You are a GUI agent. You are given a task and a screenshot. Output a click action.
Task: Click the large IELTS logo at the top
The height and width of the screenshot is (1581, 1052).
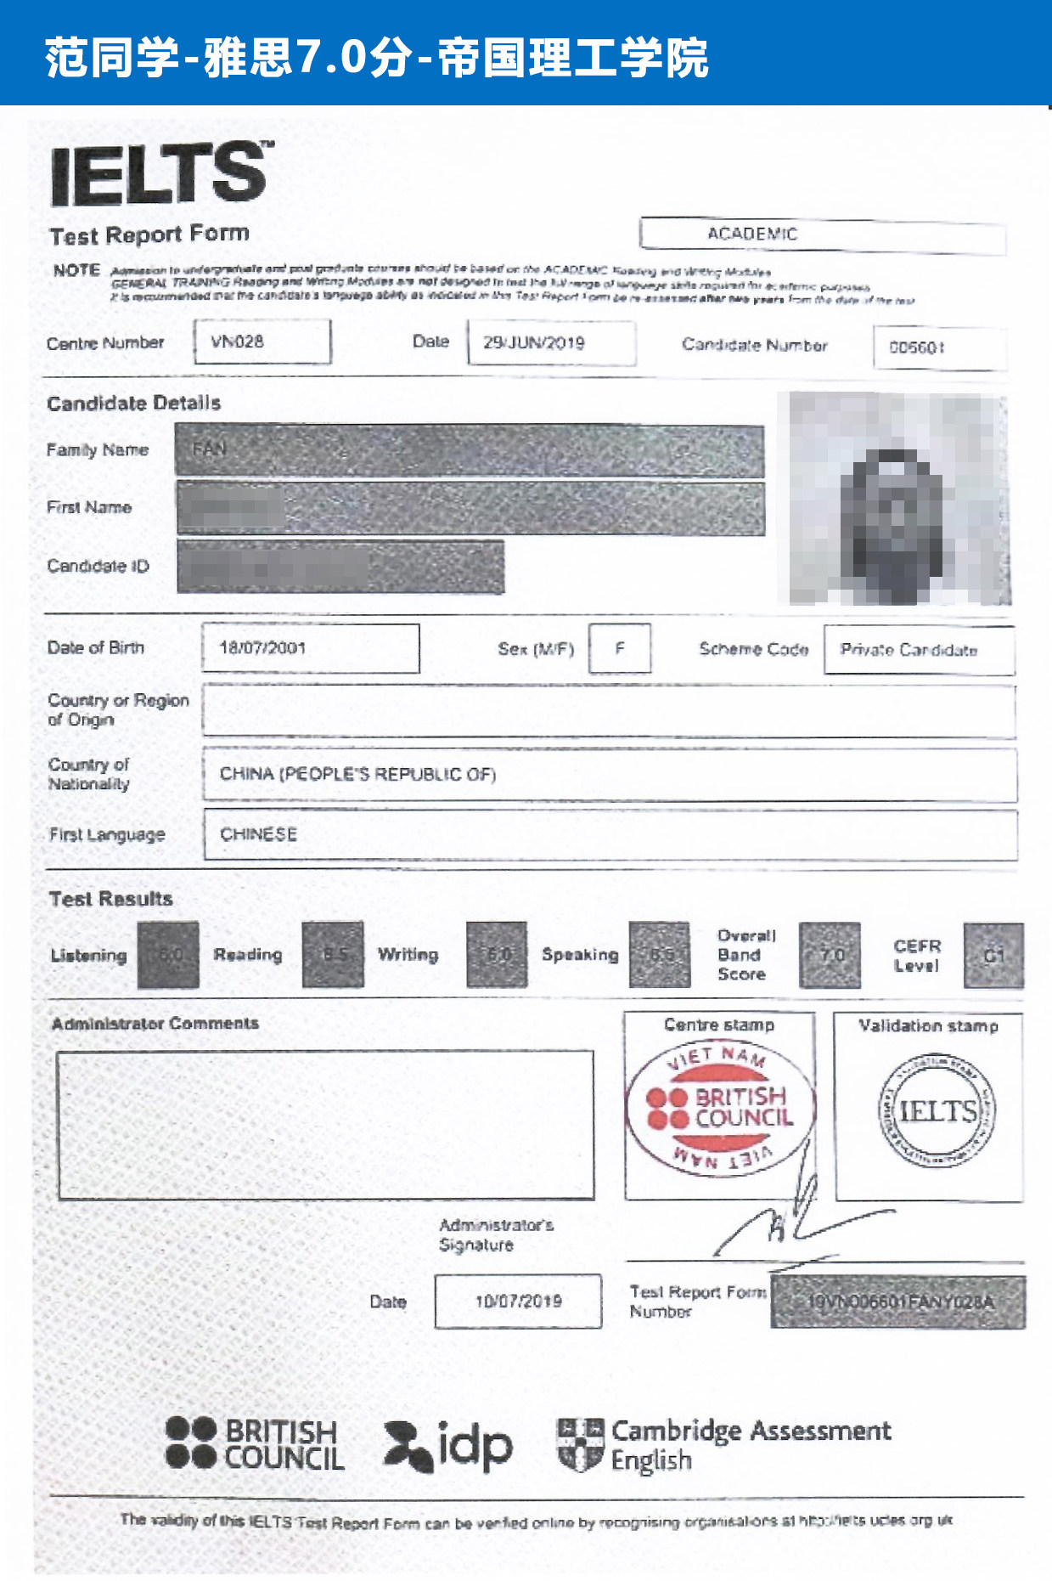pyautogui.click(x=159, y=173)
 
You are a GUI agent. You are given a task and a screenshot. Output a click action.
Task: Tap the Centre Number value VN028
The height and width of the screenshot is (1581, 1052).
pyautogui.click(x=238, y=342)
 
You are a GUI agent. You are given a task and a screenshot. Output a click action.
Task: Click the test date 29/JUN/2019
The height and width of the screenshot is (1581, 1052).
pyautogui.click(x=534, y=343)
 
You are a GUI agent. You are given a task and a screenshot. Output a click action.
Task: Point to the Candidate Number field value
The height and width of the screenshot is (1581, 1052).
pyautogui.click(x=917, y=347)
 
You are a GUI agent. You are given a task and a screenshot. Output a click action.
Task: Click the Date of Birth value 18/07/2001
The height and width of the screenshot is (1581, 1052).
pyautogui.click(x=262, y=647)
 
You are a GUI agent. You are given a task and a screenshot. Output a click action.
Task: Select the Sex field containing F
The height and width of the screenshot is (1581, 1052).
pyautogui.click(x=620, y=648)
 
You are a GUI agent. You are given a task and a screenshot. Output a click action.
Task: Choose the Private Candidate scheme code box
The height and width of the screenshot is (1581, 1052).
pyautogui.click(x=909, y=650)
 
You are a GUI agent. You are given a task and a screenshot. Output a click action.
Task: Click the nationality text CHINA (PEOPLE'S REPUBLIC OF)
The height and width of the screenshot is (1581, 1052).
pyautogui.click(x=357, y=774)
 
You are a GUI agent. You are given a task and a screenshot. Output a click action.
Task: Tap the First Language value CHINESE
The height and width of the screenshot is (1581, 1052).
pyautogui.click(x=258, y=834)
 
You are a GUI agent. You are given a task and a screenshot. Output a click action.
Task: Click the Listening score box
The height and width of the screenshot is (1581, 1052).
pyautogui.click(x=168, y=955)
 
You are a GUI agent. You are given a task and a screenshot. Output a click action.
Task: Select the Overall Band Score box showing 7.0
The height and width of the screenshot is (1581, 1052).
pyautogui.click(x=830, y=956)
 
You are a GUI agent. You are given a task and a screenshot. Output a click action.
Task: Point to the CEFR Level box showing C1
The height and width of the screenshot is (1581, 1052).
pyautogui.click(x=993, y=956)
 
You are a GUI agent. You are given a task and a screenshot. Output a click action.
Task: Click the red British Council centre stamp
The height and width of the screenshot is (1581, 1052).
pyautogui.click(x=720, y=1107)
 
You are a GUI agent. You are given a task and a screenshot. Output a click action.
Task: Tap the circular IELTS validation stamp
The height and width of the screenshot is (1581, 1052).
pyautogui.click(x=937, y=1110)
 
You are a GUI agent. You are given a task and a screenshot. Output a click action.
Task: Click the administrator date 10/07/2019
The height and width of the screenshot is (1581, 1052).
pyautogui.click(x=518, y=1301)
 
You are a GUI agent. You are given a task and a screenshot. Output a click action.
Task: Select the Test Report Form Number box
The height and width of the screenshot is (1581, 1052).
pyautogui.click(x=897, y=1302)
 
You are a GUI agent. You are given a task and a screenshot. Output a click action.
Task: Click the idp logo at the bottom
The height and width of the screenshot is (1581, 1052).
pyautogui.click(x=449, y=1445)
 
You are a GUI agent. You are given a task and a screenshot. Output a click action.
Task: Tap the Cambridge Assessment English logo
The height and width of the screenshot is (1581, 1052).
pyautogui.click(x=723, y=1444)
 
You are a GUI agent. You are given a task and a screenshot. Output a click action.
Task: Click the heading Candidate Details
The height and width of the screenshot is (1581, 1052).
pyautogui.click(x=134, y=403)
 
